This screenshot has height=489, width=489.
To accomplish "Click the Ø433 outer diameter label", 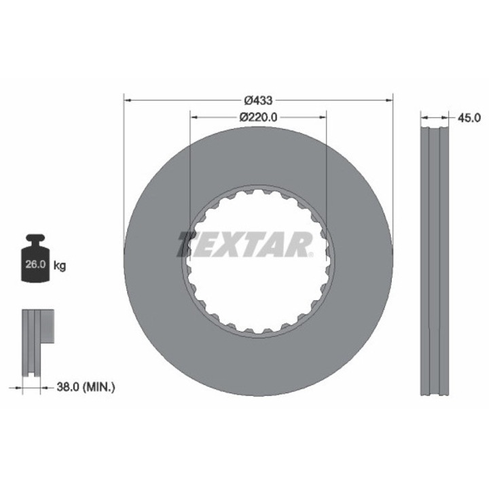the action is [x=258, y=101].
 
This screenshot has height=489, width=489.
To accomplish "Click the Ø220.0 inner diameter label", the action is [x=258, y=117].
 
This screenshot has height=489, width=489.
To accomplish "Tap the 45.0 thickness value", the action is [x=469, y=117].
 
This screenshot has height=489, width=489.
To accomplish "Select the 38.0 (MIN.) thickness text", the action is [x=86, y=387].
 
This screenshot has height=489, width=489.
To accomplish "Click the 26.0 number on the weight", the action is [x=35, y=264].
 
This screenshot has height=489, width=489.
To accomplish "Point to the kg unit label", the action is [x=60, y=266].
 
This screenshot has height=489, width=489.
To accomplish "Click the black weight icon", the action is [x=35, y=258].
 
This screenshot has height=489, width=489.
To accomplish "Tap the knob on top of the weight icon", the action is [x=35, y=238].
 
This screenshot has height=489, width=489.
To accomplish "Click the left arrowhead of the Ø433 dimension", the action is [x=127, y=101].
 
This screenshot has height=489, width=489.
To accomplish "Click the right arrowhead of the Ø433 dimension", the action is [x=389, y=101].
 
